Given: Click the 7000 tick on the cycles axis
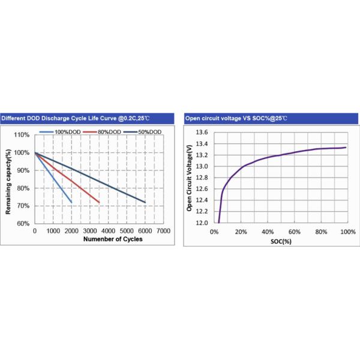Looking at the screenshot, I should coord(163,231).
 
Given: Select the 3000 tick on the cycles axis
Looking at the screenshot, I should coord(90,231).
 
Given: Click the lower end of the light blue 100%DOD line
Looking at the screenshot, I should coord(71,202).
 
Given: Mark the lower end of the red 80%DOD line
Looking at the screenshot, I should coord(99,202).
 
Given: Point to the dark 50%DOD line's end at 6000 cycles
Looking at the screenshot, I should coord(145,202).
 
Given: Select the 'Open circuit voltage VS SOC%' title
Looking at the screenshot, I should coord(236,118).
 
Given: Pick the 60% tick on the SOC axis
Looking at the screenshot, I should coord(294,232).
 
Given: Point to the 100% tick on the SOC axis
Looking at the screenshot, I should coord(347,232).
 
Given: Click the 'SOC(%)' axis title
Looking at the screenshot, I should coord(281,241).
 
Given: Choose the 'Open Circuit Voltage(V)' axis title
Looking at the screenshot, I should coord(189,178).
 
